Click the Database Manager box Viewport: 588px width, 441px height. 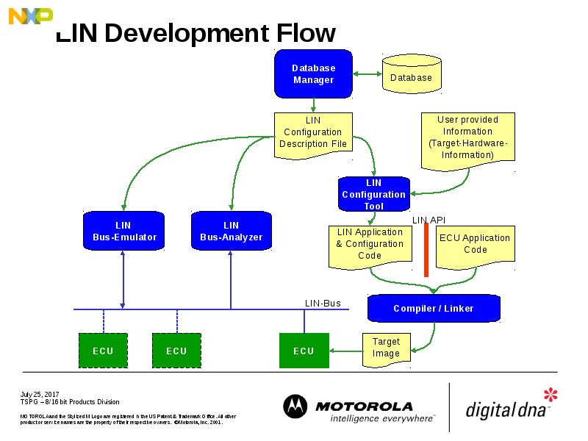click(x=313, y=73)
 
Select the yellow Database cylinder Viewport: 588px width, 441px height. click(x=411, y=76)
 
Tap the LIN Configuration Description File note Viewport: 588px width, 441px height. click(x=312, y=133)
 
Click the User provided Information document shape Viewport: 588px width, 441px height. click(x=467, y=137)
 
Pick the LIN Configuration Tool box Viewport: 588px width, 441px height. click(x=373, y=194)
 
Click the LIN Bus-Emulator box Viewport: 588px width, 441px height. click(x=123, y=232)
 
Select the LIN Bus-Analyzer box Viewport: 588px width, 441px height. click(x=231, y=232)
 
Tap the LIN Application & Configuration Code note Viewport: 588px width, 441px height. click(x=370, y=245)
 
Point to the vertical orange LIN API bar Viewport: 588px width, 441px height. click(x=426, y=250)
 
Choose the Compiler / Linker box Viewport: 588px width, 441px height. click(x=433, y=308)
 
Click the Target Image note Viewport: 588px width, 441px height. click(x=386, y=348)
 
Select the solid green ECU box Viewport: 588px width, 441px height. click(x=304, y=351)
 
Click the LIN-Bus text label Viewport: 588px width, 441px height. click(x=323, y=303)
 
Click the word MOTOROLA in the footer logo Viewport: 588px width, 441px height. click(x=364, y=406)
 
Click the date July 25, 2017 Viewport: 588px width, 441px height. click(x=39, y=395)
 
